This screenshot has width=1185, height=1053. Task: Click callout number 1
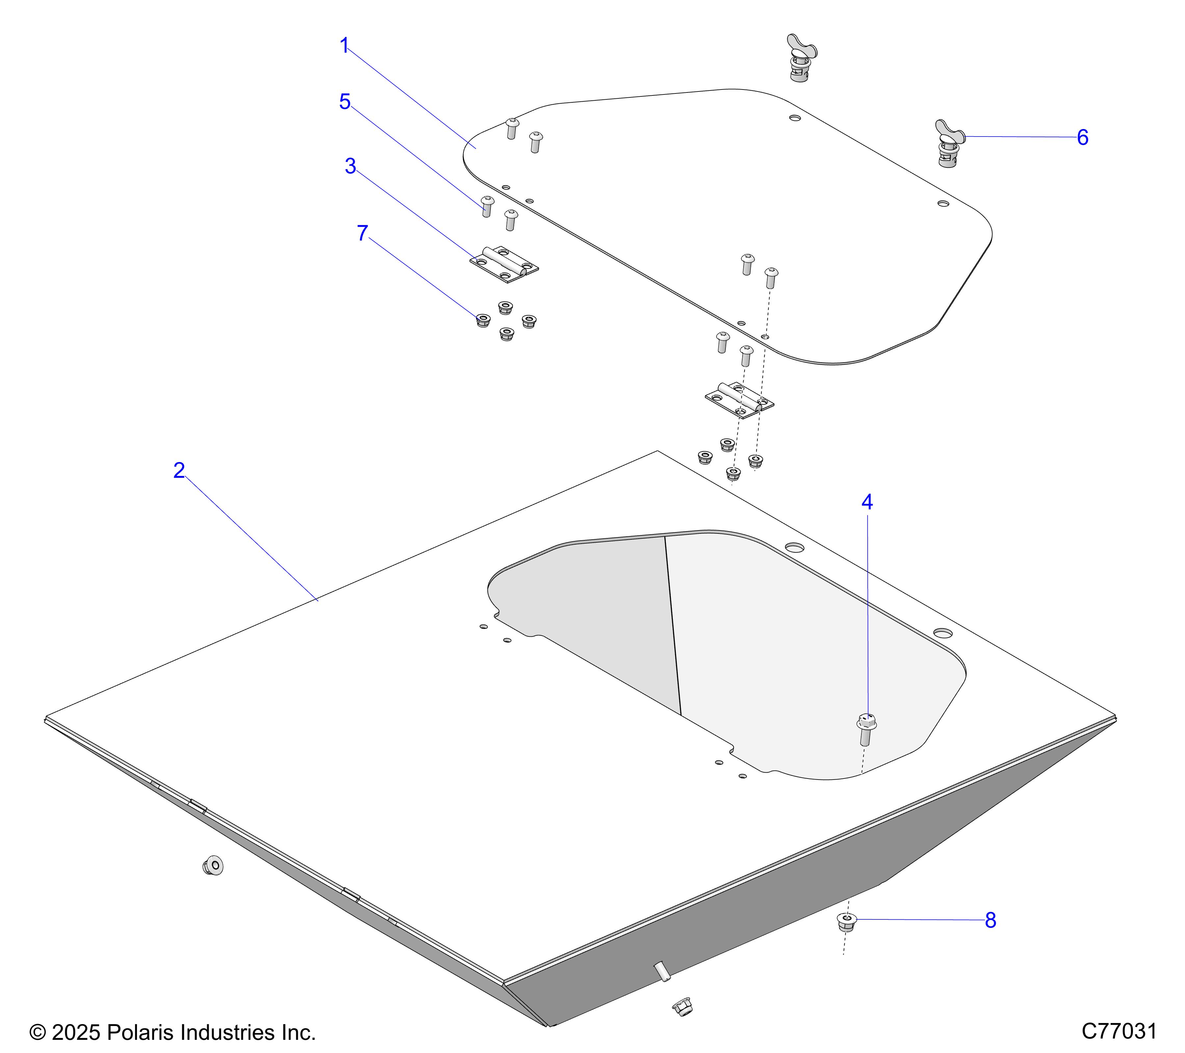click(344, 46)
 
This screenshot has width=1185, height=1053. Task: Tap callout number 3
click(350, 166)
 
